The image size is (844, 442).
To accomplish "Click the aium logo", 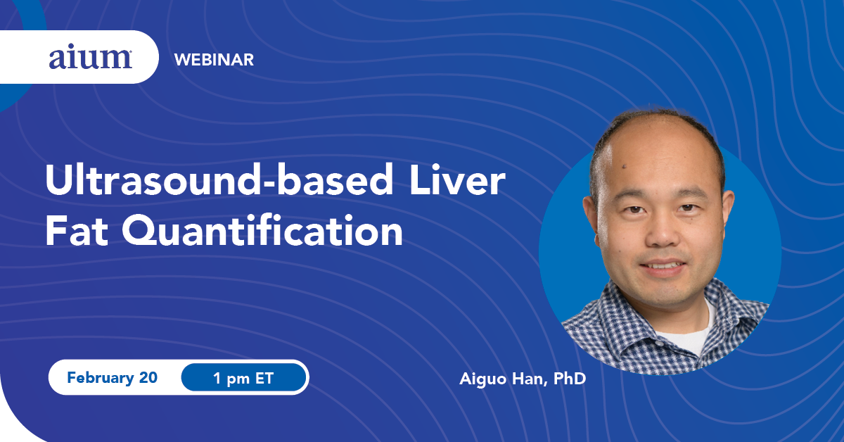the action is [x=91, y=58].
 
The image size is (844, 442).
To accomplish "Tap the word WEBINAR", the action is [x=214, y=60].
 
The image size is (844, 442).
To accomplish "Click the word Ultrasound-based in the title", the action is [x=219, y=180].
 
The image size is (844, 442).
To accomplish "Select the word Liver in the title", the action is [x=457, y=180].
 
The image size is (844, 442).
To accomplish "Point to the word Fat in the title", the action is [x=77, y=230].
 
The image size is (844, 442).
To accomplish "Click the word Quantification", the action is [x=262, y=230].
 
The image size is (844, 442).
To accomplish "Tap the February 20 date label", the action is [x=112, y=377].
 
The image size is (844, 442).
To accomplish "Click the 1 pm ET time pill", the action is [x=243, y=377].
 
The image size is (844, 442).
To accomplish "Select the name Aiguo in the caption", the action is [x=482, y=379].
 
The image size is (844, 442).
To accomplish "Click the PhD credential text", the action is [x=570, y=378].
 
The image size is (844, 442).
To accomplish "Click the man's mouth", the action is [x=663, y=265].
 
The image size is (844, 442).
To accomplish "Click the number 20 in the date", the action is [x=148, y=377].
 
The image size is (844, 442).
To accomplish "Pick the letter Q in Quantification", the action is [x=139, y=231].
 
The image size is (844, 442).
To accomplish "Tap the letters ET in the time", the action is [x=264, y=378].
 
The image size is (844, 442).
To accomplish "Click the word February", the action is [x=101, y=378].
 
